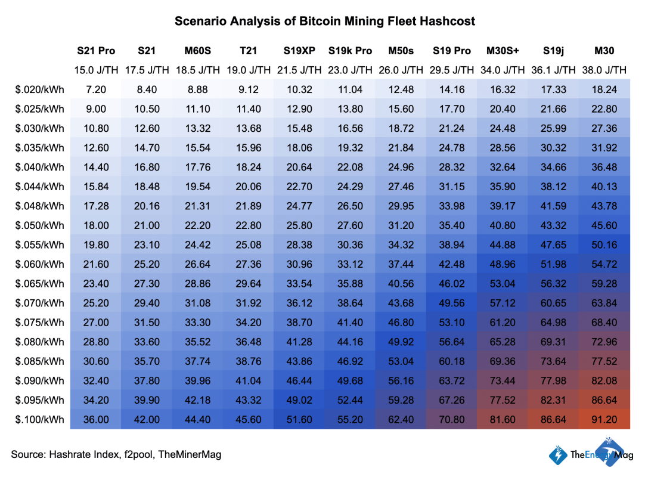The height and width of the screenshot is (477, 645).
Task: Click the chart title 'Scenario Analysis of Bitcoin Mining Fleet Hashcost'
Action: coord(325,21)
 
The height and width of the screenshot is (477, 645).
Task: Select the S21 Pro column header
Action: coord(96,51)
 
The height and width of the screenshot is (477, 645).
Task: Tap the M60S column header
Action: coord(197,51)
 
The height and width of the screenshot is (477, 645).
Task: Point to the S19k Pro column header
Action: coord(350,51)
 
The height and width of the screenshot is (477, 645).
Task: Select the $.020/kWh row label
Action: coord(40,90)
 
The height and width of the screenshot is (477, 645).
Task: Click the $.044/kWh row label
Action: coord(40,187)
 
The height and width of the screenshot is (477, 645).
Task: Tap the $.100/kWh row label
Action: coord(40,419)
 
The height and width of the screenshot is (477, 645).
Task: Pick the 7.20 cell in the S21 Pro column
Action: coord(96,90)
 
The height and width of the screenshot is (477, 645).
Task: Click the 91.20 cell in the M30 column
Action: coord(604,419)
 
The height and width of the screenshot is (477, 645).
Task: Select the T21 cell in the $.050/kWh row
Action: coord(249,225)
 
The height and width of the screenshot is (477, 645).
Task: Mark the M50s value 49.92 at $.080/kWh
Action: coord(401,342)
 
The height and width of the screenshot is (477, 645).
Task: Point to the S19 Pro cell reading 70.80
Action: coord(451,419)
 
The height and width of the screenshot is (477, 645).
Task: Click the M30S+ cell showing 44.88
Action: coord(502,245)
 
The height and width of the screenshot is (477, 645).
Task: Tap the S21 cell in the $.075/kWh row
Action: coord(147,323)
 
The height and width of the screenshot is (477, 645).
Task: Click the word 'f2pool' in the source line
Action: coord(139,454)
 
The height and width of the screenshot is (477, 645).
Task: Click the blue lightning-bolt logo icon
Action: coord(559,455)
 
